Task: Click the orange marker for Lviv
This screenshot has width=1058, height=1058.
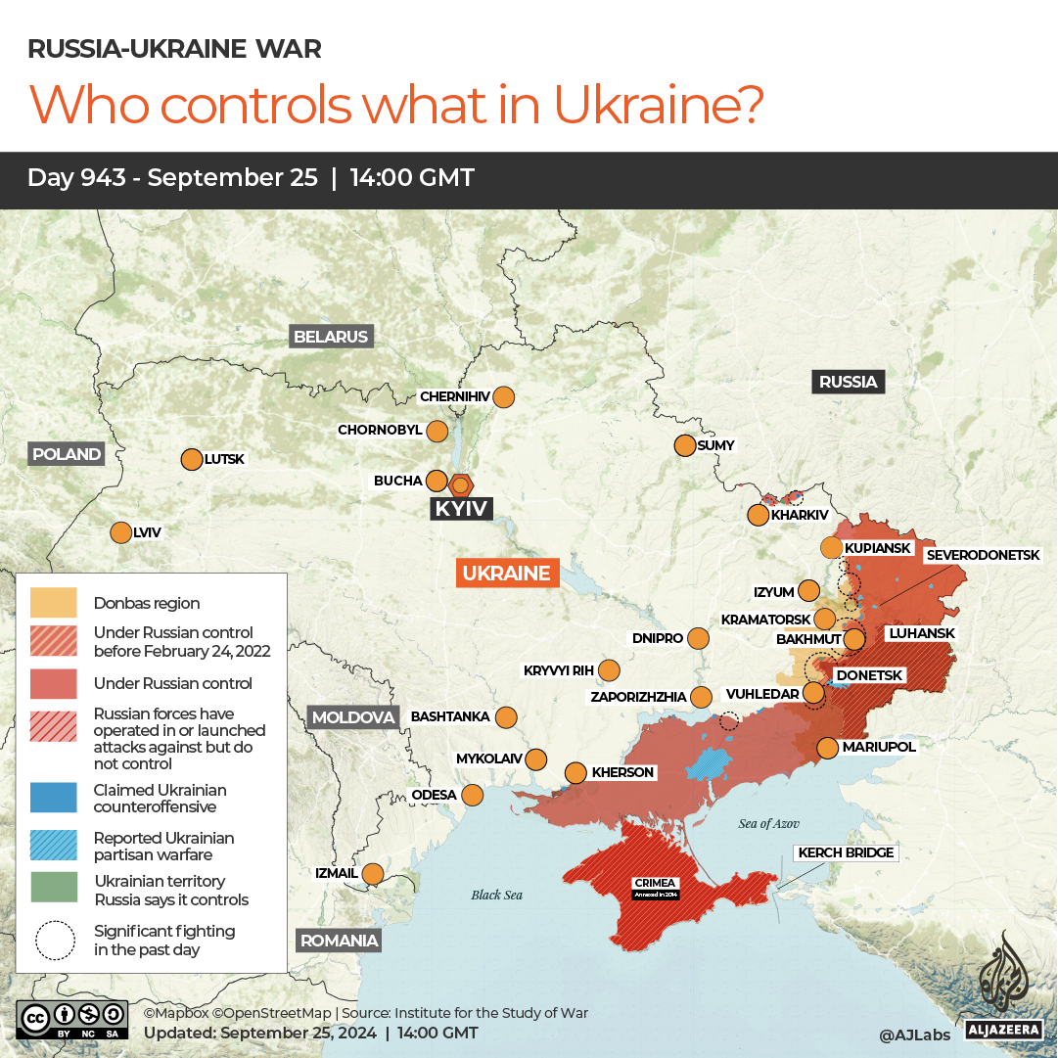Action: [x=120, y=532]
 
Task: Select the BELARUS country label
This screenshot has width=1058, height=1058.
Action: [x=332, y=337]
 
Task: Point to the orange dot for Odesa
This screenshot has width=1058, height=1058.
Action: [x=473, y=795]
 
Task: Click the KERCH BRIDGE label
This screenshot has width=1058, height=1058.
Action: [x=846, y=852]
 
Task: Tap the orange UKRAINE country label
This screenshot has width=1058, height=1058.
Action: [x=506, y=573]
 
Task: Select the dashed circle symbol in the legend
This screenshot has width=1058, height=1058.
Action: [x=55, y=940]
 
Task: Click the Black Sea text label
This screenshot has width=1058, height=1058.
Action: [x=496, y=895]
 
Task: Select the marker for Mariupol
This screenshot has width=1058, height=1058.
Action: [x=827, y=748]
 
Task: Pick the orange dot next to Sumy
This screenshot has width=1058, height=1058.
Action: [x=684, y=445]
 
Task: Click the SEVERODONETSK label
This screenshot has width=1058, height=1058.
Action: [x=983, y=555]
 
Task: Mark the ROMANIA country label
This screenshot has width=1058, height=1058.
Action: [x=339, y=941]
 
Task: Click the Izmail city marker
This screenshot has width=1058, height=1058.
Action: [x=373, y=873]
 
